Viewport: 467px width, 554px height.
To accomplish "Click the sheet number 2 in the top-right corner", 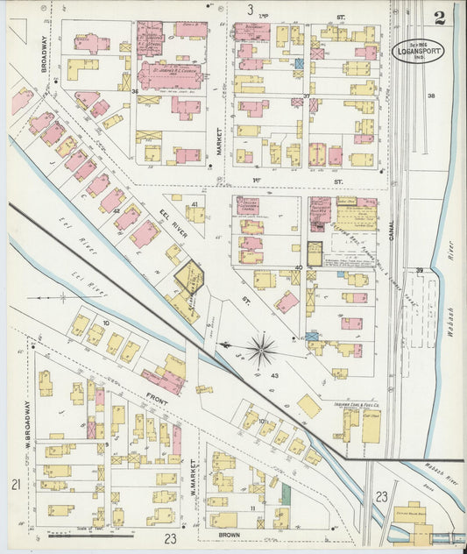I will [x=437, y=18].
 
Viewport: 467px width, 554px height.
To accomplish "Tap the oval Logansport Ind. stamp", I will [x=417, y=51].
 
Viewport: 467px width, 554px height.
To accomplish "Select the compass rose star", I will [x=260, y=352].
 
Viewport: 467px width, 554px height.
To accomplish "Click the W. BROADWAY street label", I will [x=27, y=421].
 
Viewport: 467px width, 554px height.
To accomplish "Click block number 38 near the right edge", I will [x=430, y=95].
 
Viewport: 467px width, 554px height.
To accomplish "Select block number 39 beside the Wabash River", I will [x=420, y=270].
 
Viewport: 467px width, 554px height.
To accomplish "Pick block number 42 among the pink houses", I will [x=116, y=211].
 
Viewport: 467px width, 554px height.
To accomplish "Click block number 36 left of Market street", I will [x=135, y=91].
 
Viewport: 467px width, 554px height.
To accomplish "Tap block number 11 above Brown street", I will [x=252, y=508].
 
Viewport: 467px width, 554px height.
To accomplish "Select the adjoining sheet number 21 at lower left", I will [x=15, y=485].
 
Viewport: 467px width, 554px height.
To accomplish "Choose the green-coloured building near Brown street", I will [x=285, y=493].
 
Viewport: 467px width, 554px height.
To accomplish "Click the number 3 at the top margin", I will [x=250, y=10].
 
